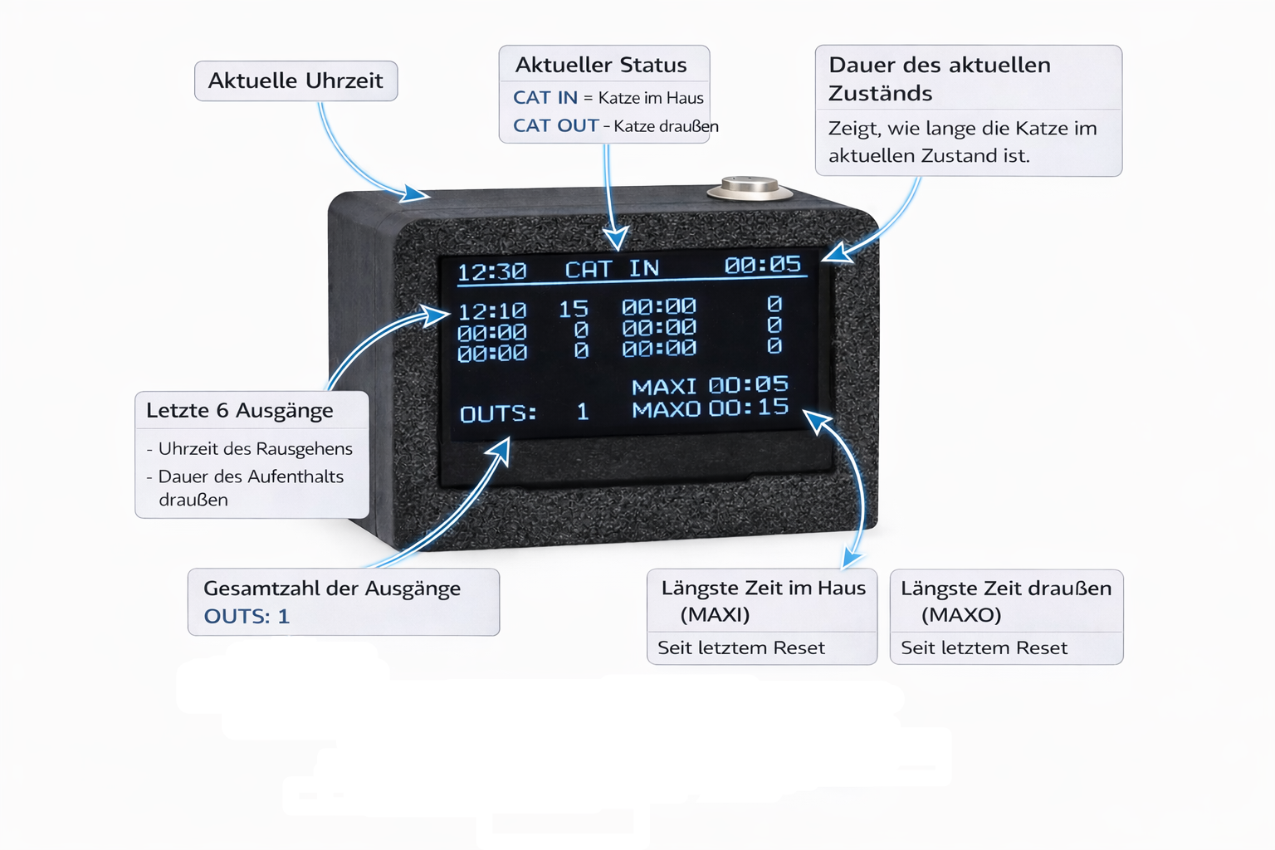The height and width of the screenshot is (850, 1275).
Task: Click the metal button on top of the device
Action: [750, 188]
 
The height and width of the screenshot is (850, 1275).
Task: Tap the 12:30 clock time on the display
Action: [491, 271]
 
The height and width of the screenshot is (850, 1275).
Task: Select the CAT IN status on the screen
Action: [612, 269]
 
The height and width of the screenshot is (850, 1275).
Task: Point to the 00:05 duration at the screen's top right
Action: [762, 265]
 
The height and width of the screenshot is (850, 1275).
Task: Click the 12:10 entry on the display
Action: [492, 311]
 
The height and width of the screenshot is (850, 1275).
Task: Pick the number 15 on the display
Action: [574, 310]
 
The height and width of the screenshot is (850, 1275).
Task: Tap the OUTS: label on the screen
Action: [498, 413]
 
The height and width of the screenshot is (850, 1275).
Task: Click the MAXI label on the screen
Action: [664, 387]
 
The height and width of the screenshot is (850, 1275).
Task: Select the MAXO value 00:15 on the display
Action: [749, 408]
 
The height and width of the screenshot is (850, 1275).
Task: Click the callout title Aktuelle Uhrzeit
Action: [296, 81]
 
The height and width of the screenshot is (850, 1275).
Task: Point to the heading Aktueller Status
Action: [601, 65]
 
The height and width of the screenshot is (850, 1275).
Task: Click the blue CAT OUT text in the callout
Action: [555, 125]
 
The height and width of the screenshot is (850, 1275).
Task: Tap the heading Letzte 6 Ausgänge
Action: [240, 410]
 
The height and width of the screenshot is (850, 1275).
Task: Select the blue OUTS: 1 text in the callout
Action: [247, 616]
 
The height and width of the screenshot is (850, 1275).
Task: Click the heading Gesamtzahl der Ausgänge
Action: [332, 589]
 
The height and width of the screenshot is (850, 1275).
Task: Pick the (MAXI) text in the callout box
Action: [715, 614]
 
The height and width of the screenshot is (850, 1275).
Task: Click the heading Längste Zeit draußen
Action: [1006, 589]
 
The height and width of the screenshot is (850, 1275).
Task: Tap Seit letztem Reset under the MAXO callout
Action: [984, 647]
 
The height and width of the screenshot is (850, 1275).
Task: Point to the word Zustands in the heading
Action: [880, 93]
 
